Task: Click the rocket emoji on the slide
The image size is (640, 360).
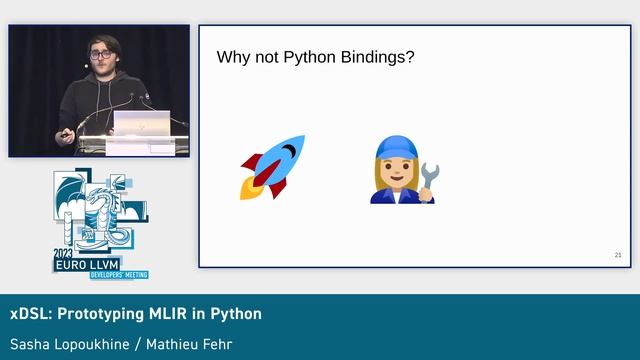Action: tap(272, 167)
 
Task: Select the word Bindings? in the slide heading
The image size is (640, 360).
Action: tap(377, 58)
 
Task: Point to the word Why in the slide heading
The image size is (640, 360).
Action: tap(233, 58)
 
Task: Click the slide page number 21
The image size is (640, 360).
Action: tap(618, 256)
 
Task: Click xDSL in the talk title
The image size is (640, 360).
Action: tap(27, 314)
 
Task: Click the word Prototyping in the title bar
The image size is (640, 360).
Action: tap(98, 314)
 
